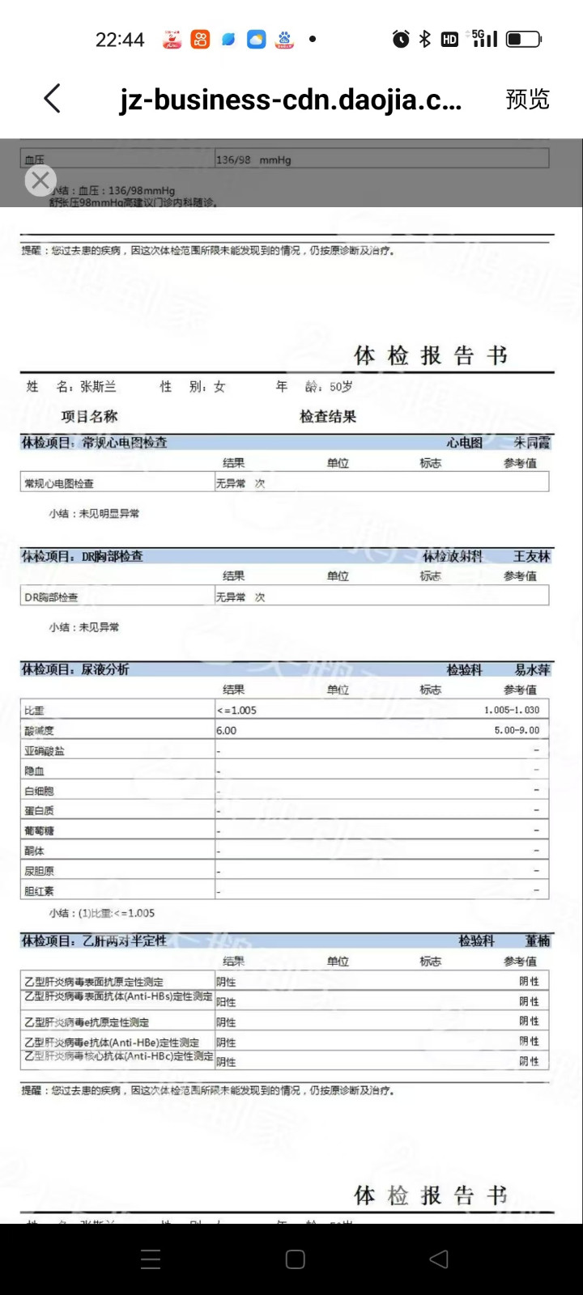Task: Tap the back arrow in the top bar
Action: (53, 99)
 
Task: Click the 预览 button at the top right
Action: (527, 99)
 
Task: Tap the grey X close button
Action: (40, 180)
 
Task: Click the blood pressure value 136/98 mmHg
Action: (253, 160)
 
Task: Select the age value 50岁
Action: (341, 387)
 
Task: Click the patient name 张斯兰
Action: (98, 387)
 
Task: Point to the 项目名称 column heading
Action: (89, 417)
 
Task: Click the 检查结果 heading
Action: (328, 417)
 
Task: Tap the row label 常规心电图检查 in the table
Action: (59, 484)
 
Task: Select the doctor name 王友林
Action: (531, 556)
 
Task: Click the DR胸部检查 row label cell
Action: (51, 597)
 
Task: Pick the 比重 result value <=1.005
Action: (236, 711)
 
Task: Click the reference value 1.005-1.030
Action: (511, 710)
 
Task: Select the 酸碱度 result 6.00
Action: (227, 730)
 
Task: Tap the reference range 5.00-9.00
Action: (517, 730)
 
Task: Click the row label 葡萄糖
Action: (39, 830)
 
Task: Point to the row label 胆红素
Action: (39, 891)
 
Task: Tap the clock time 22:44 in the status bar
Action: (120, 40)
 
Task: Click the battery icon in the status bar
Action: (523, 39)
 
